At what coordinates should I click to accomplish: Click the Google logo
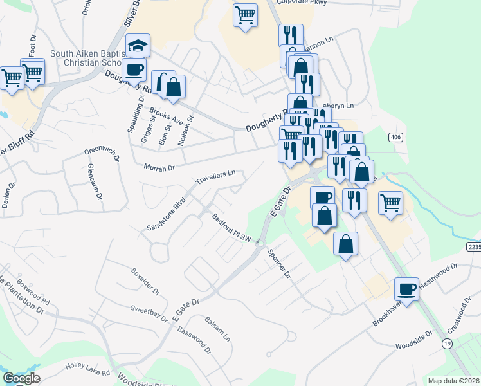pos(21,378)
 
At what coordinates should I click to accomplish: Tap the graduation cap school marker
pos(138,46)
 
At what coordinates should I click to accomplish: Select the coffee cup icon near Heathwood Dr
pos(406,289)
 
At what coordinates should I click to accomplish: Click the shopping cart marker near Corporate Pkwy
pos(245,15)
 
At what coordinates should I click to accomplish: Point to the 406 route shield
pos(395,137)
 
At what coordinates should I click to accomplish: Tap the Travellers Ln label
pos(216,174)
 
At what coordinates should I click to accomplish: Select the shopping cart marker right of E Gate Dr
pos(390,203)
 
